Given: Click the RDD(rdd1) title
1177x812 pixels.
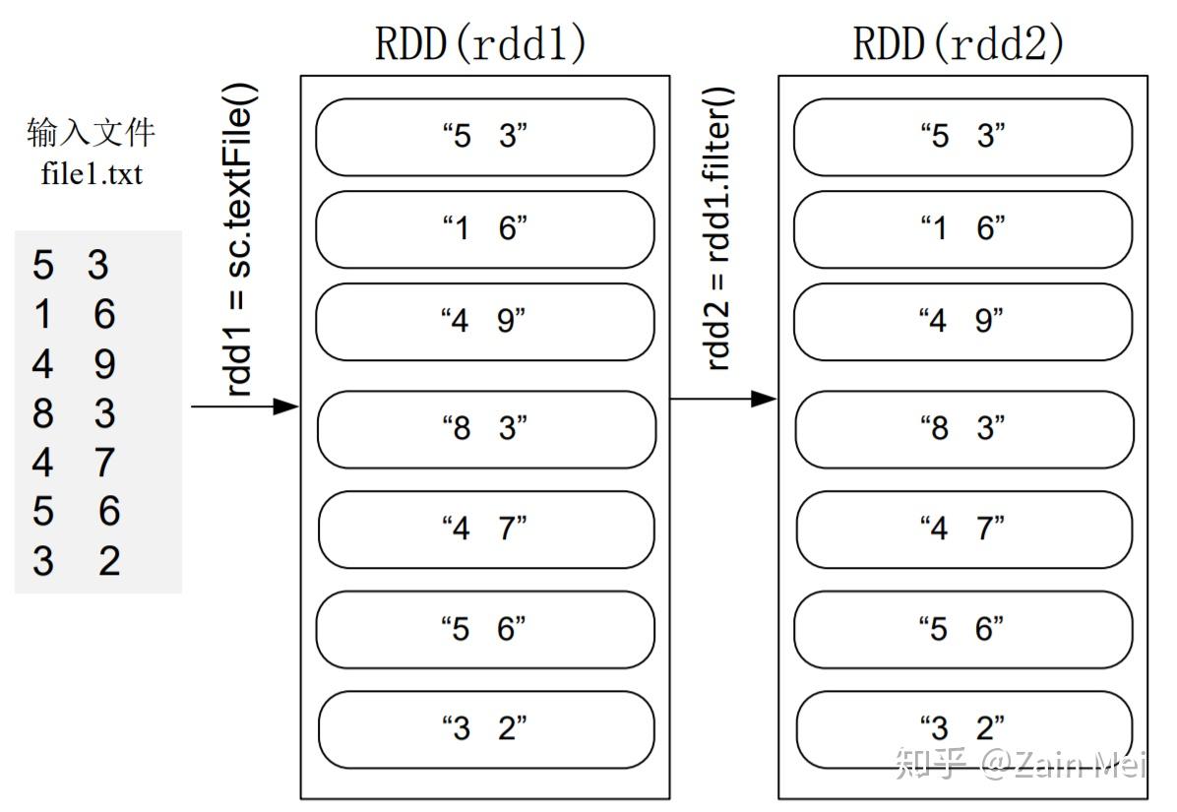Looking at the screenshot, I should (480, 44).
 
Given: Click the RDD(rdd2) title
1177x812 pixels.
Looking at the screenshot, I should (959, 44).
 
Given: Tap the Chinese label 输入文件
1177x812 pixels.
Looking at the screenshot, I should (92, 132).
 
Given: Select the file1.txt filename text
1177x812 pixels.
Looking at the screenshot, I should (92, 174).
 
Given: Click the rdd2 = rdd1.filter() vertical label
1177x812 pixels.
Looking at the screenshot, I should (719, 228).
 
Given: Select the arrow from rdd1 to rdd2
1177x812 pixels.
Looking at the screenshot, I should (723, 399).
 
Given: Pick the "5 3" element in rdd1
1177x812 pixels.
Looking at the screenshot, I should (484, 137).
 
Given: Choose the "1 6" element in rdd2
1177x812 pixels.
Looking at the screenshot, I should (962, 229).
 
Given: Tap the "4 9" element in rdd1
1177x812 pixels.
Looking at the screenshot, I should (484, 322).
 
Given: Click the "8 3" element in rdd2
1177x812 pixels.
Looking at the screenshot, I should (963, 429).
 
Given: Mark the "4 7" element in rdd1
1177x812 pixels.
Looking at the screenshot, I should (485, 530).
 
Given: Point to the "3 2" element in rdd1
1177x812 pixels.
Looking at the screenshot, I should (485, 729).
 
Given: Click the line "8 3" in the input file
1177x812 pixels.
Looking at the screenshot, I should (74, 413).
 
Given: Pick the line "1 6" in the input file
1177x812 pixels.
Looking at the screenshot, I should (74, 315).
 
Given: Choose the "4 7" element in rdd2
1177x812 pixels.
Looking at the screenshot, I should (963, 530).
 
